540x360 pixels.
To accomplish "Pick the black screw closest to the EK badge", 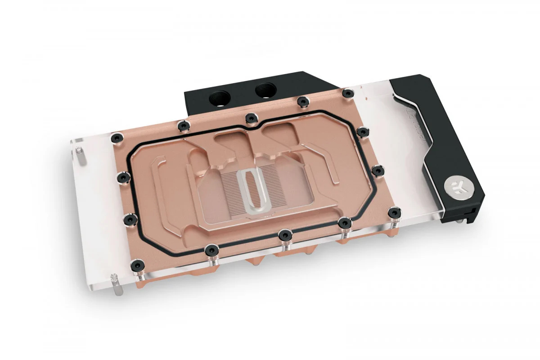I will tap(394, 212).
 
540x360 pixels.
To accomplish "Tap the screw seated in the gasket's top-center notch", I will tap(250, 118).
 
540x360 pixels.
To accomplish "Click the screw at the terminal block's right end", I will tap(347, 94).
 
